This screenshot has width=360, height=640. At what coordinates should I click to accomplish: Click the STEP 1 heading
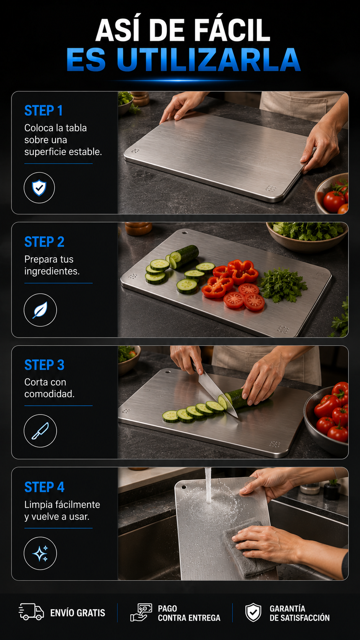43,111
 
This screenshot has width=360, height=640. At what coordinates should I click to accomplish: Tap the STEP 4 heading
44,487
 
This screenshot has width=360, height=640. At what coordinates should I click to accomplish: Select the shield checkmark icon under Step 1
39,188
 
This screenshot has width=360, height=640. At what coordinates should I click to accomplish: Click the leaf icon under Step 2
40,310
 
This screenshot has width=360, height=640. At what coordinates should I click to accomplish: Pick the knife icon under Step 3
40,431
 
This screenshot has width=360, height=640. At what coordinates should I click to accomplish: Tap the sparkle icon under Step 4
40,553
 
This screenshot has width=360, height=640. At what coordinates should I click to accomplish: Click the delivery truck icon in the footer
31,612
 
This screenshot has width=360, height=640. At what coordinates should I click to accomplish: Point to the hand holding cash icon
141,612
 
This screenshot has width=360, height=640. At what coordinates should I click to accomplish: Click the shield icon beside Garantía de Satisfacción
253,612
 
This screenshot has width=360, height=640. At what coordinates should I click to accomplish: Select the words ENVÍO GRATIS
78,613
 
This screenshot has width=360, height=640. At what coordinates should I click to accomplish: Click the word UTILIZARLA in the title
209,59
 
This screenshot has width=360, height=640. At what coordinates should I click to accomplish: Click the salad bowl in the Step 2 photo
307,236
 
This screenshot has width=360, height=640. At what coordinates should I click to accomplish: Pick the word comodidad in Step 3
49,394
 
